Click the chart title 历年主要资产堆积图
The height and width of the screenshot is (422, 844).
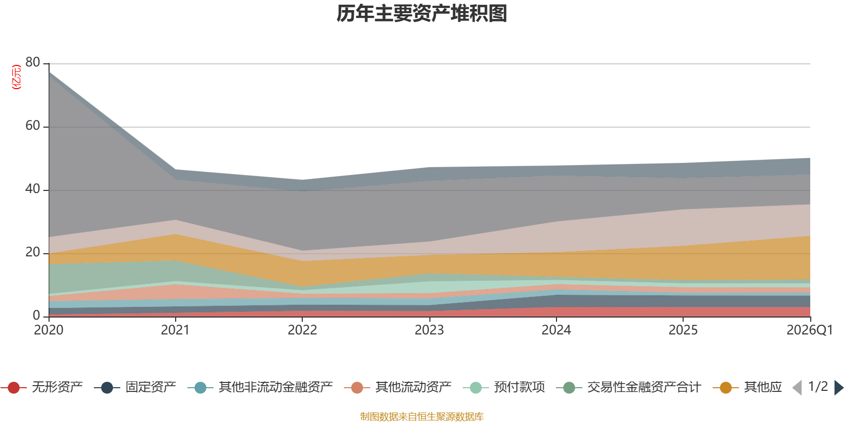click(x=421, y=14)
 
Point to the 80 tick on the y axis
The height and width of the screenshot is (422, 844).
click(x=33, y=62)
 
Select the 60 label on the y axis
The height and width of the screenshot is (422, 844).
click(x=33, y=126)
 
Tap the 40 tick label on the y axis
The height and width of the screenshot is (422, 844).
click(x=33, y=189)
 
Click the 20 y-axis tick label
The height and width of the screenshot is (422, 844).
click(x=33, y=252)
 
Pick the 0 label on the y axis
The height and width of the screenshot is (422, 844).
click(x=36, y=315)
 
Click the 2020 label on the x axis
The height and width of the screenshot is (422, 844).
click(x=49, y=330)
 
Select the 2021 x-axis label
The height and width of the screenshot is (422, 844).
click(x=176, y=330)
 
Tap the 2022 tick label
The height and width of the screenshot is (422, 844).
click(x=303, y=330)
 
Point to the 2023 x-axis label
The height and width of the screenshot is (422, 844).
click(x=429, y=330)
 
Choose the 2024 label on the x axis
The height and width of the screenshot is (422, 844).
click(x=557, y=330)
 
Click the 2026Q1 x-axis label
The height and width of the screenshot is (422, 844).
click(x=810, y=330)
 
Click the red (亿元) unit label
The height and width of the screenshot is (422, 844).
click(x=16, y=77)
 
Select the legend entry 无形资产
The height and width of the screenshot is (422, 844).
click(x=42, y=387)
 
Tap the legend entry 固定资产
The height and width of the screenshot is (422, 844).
click(x=135, y=387)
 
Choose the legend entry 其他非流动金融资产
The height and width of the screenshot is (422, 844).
click(x=260, y=387)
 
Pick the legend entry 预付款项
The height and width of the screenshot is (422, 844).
click(x=504, y=387)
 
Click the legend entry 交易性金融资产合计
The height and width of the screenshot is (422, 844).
click(x=628, y=387)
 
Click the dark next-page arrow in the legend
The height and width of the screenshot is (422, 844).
click(x=838, y=388)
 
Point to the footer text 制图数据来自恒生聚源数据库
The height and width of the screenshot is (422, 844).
click(x=421, y=416)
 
